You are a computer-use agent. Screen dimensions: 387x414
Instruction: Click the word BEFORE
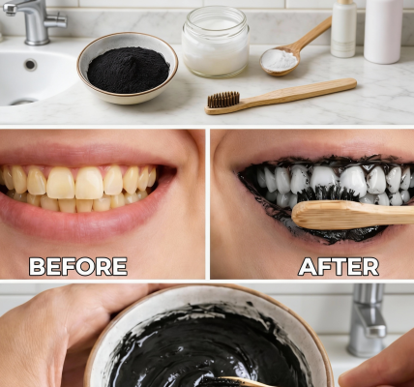tap(77, 265)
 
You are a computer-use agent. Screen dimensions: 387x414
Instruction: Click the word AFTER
tap(338, 265)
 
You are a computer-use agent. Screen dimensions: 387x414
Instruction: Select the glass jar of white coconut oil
tap(216, 44)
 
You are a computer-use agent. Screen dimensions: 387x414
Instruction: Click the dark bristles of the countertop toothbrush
tap(223, 99)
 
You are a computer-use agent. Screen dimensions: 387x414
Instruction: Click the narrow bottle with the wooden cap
tap(343, 29)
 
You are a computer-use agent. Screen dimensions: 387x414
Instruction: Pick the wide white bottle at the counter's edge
tap(384, 31)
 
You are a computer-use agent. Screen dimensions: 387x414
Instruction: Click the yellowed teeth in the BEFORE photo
tap(77, 183)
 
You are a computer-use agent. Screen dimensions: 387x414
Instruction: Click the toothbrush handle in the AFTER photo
tap(358, 213)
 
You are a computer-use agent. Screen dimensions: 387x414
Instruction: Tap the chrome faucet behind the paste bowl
tap(368, 319)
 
